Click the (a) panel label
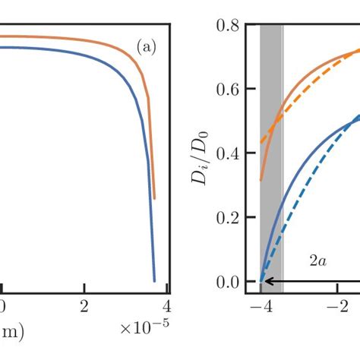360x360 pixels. pyautogui.click(x=146, y=47)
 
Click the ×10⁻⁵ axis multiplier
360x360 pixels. pyautogui.click(x=144, y=327)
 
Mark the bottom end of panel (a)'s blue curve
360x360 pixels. pyautogui.click(x=155, y=280)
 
